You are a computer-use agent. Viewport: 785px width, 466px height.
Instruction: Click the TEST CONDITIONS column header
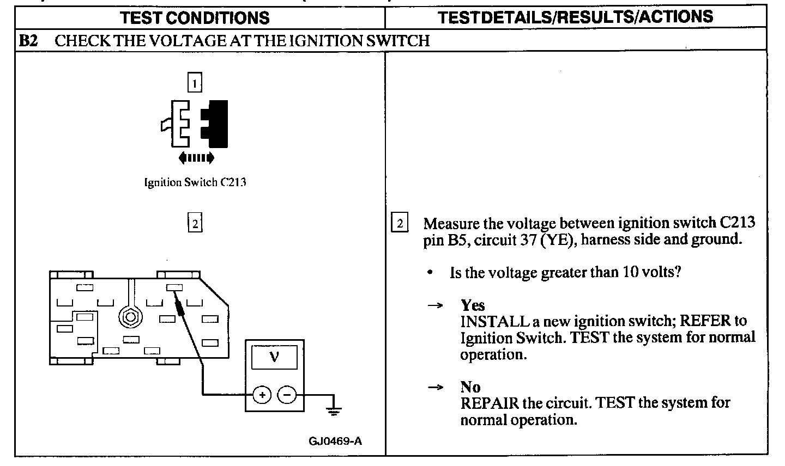pos(195,17)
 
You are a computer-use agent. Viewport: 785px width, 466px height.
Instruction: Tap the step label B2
pos(28,41)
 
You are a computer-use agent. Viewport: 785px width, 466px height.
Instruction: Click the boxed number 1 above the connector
pos(195,83)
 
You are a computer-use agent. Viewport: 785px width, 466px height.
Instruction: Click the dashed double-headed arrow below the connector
pos(196,158)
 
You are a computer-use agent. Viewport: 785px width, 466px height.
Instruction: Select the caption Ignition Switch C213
pos(195,182)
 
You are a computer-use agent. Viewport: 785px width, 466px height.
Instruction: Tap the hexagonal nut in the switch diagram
pos(129,316)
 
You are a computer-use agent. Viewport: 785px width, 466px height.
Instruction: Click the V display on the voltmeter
pos(274,357)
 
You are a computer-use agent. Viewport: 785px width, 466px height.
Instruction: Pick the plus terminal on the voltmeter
pos(262,395)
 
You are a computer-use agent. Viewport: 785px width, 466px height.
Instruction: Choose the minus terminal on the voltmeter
pos(287,395)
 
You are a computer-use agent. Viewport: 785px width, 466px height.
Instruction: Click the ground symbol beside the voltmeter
pos(334,409)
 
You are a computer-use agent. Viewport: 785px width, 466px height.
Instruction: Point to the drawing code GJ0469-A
pos(335,440)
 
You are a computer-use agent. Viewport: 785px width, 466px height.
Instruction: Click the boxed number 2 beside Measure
pos(400,224)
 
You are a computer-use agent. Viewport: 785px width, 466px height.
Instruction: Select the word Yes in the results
pos(472,305)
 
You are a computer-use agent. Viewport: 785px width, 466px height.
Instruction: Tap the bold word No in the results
pos(470,387)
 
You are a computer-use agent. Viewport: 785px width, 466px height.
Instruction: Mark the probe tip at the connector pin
pos(176,295)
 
